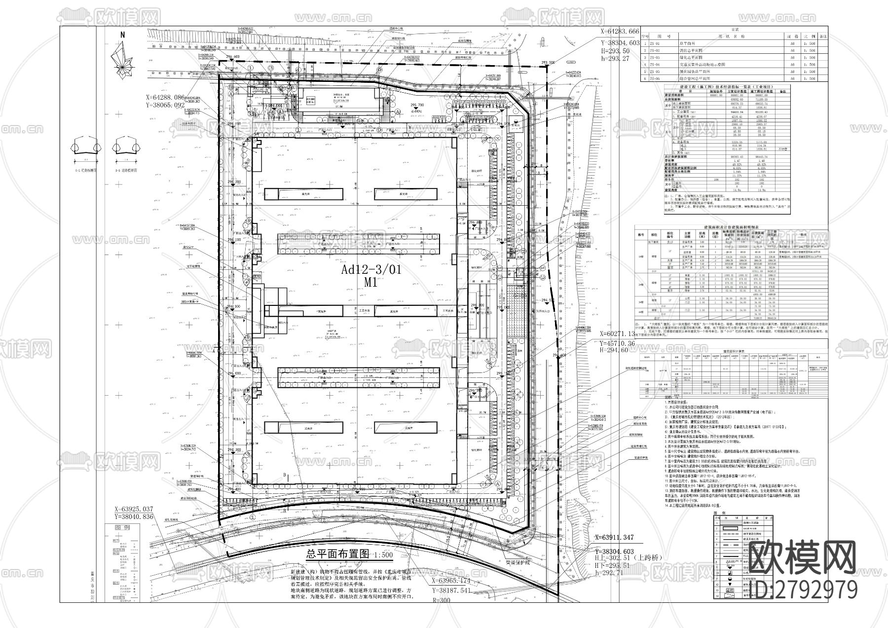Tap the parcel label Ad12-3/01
coord(371,270)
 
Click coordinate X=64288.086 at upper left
coord(165,98)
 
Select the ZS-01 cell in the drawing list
coord(655,43)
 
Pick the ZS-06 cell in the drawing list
coord(655,78)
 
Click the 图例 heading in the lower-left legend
coord(122,527)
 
